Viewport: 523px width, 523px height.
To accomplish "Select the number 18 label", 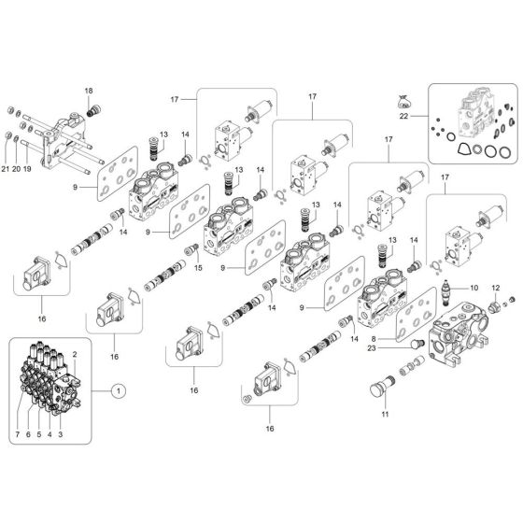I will pos(90,91).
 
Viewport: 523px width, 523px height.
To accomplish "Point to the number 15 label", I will pos(197,269).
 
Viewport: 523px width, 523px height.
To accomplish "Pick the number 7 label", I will pos(17,435).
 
